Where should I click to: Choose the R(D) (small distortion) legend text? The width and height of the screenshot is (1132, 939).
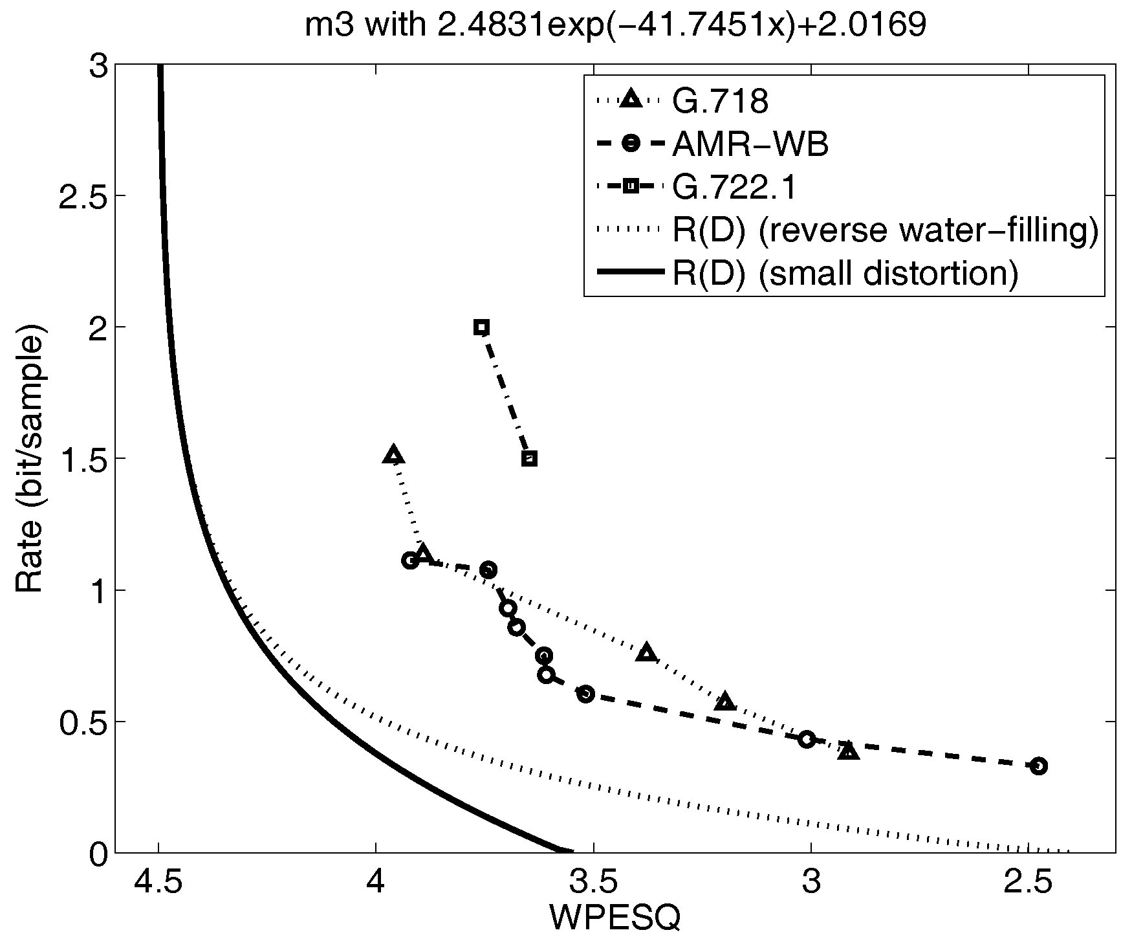(845, 274)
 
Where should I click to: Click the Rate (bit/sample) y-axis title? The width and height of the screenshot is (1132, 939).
(29, 463)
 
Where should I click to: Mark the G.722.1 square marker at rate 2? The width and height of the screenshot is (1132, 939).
(481, 327)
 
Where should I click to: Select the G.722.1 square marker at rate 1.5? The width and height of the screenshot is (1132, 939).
(529, 459)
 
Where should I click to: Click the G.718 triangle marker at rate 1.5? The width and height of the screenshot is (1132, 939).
(393, 456)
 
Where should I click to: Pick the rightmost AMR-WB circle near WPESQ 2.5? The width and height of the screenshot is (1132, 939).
(1038, 766)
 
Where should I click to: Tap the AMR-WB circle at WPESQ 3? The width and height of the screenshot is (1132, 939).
(806, 739)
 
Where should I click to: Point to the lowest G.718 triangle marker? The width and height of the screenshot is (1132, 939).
(849, 751)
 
